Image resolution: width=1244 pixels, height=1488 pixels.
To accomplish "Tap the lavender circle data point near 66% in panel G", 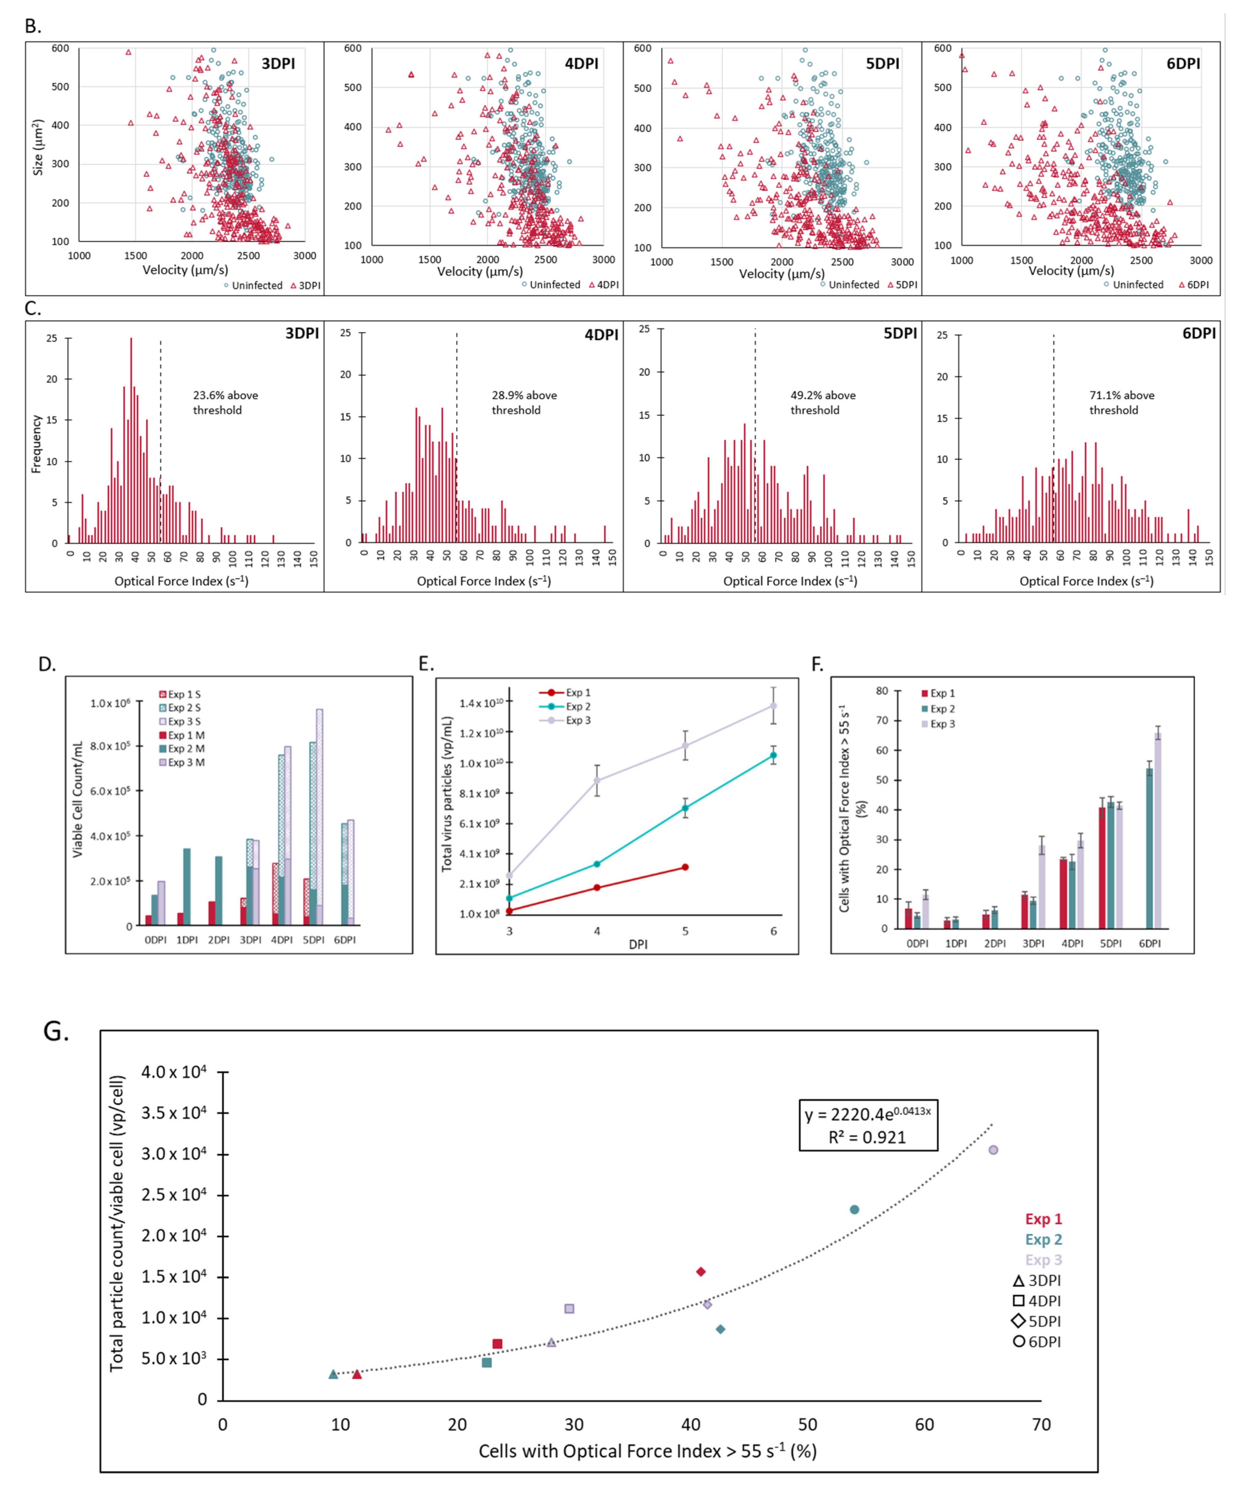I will point(993,1150).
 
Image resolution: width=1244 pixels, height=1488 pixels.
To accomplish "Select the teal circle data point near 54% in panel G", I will point(854,1210).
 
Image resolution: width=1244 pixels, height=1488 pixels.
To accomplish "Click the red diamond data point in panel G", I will point(701,1272).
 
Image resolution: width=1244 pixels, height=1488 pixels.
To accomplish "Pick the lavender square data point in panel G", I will point(569,1309).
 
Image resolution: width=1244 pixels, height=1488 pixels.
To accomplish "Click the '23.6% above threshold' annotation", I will point(225,402).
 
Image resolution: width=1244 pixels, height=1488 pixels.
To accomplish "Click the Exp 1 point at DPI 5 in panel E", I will point(685,867).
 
